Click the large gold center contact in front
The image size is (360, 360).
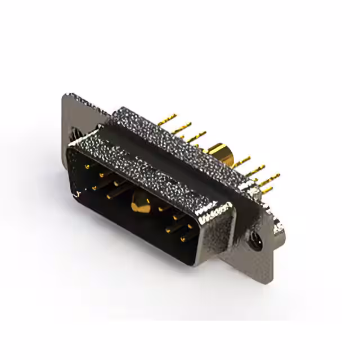(141, 205)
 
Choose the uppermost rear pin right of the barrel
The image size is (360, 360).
(243, 160)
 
